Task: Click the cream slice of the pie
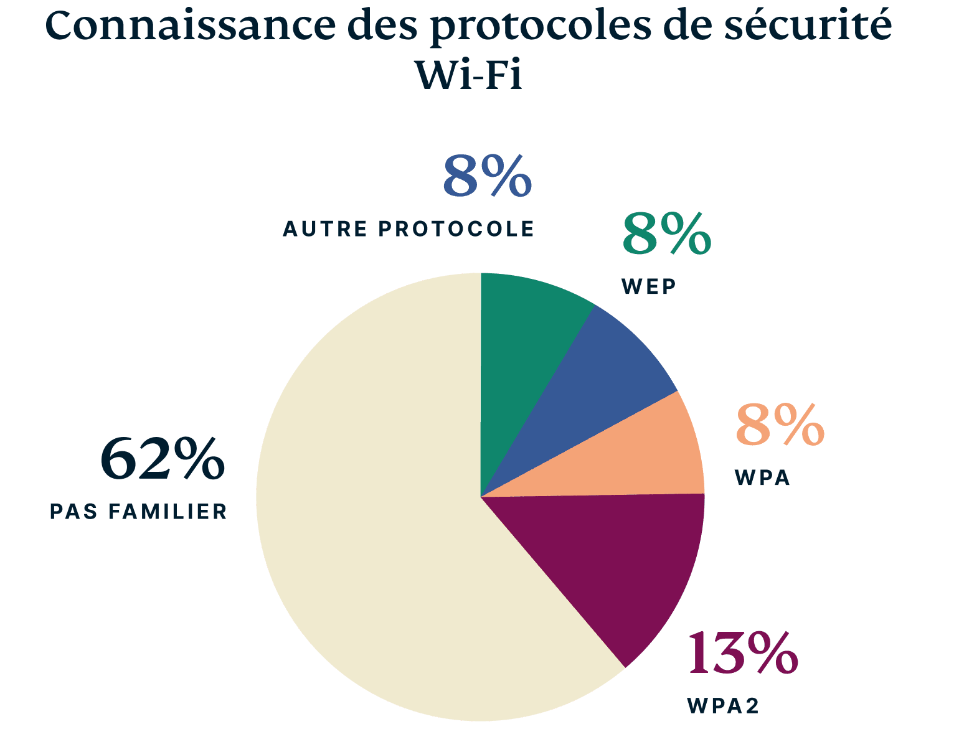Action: [x=374, y=529]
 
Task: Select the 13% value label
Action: [x=742, y=654]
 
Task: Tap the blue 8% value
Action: [x=488, y=177]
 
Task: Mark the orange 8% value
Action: [x=780, y=426]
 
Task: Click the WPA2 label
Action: [x=723, y=706]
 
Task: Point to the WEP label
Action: [x=649, y=287]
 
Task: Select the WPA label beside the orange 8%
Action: [x=762, y=478]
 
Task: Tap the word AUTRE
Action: [x=325, y=229]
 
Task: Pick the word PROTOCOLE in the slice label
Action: [x=456, y=229]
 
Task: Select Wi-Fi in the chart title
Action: [x=468, y=76]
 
